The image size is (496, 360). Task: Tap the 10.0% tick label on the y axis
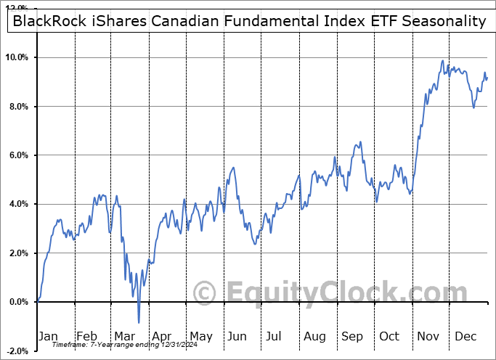tap(17, 57)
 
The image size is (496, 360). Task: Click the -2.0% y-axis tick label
tap(18, 351)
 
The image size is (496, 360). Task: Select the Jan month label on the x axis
tap(47, 336)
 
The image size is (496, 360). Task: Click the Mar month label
tap(123, 336)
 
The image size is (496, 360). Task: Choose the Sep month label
tap(352, 336)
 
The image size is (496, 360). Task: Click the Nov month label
tap(428, 336)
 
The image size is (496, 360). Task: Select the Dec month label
tap(466, 336)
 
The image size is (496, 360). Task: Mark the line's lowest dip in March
tap(139, 322)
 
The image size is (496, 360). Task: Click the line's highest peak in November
tap(442, 61)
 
